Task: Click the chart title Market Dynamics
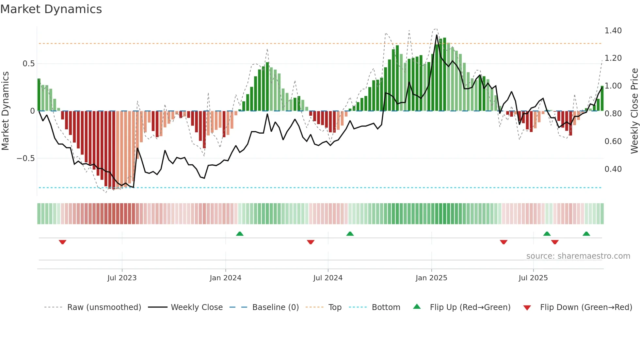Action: coord(51,9)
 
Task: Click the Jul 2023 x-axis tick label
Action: coord(122,278)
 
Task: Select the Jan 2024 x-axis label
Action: coord(225,278)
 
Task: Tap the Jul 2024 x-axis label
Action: coord(328,278)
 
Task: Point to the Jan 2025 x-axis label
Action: coord(431,278)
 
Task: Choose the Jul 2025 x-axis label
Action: coord(533,278)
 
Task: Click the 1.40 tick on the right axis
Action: coord(613,31)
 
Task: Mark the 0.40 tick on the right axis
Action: coord(613,169)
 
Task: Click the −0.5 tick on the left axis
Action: coord(25,158)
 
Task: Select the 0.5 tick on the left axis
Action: coord(28,64)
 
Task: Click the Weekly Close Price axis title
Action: coord(634,111)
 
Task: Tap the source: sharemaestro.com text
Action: coord(578,256)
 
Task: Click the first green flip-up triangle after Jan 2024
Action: coord(240,234)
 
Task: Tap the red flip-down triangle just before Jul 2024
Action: coord(311,242)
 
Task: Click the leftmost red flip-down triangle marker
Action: coord(62,242)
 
